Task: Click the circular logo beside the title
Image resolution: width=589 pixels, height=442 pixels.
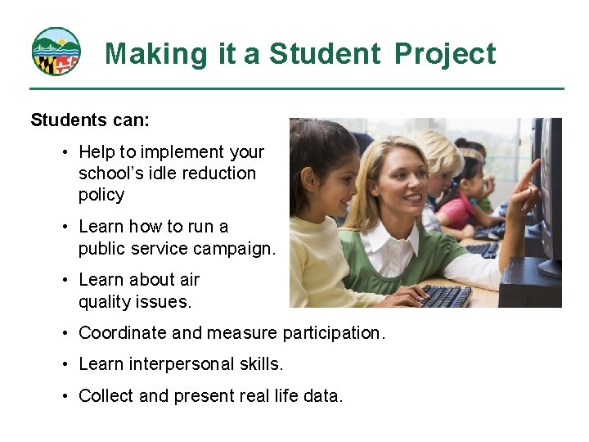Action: [56, 52]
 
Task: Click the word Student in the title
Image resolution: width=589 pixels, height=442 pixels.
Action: [325, 54]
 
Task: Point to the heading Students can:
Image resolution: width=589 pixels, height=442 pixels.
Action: [90, 120]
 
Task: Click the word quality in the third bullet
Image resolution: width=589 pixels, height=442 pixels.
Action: [107, 301]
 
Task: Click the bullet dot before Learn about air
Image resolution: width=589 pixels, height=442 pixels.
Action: [64, 280]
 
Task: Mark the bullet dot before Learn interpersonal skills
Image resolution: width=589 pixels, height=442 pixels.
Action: [64, 364]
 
